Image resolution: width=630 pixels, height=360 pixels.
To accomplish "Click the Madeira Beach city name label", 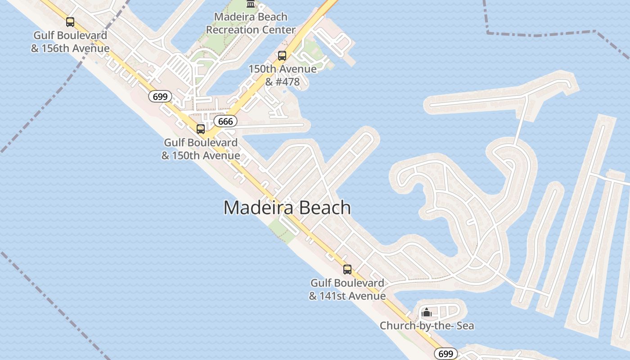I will (x=287, y=208).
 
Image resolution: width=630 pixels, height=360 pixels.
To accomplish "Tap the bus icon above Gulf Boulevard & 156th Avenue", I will (x=70, y=22).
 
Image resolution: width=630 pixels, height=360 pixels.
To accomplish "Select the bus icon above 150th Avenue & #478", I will (x=282, y=56).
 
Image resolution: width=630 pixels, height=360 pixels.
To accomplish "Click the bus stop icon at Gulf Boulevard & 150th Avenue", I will (x=201, y=129).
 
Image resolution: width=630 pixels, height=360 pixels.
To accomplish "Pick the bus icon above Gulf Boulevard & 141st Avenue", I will (x=347, y=270).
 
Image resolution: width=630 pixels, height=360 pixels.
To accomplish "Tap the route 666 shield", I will (x=225, y=121).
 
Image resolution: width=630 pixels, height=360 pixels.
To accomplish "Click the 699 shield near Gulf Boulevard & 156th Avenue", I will (x=160, y=96).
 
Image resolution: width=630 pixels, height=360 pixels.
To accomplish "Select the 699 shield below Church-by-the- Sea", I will (x=445, y=354).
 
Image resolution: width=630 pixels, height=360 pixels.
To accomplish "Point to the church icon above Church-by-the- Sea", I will (x=427, y=312).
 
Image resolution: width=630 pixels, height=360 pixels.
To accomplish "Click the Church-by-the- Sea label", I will (x=427, y=325).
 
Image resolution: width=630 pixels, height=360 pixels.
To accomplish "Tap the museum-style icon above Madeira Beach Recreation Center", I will (x=251, y=4).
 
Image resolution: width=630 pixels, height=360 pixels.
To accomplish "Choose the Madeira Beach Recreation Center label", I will (x=251, y=23).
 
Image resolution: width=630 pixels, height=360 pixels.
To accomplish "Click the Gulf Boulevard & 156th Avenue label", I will (x=70, y=42).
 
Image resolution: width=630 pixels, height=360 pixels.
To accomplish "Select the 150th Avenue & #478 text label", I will (x=282, y=76).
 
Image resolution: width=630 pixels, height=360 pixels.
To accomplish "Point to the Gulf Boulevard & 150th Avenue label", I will (x=201, y=149).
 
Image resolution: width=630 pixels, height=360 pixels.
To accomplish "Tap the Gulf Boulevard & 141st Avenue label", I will (x=347, y=289).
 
